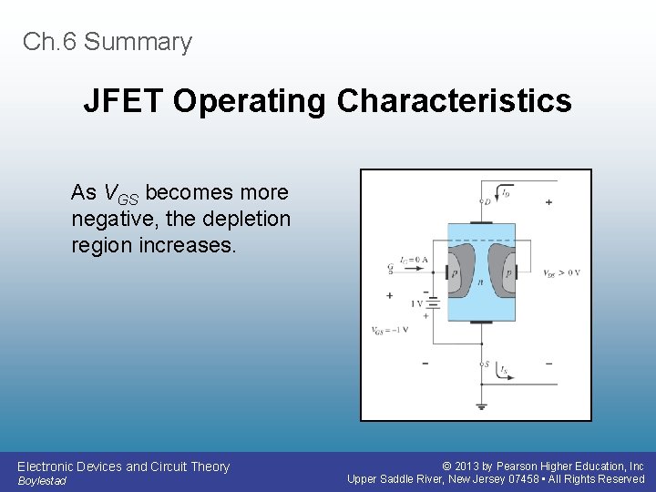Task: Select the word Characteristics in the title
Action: (x=454, y=101)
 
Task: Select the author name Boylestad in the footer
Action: (x=42, y=481)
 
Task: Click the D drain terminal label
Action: (x=487, y=201)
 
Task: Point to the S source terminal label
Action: (x=487, y=365)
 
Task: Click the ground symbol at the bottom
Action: (x=480, y=405)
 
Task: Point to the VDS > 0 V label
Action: (x=561, y=273)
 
